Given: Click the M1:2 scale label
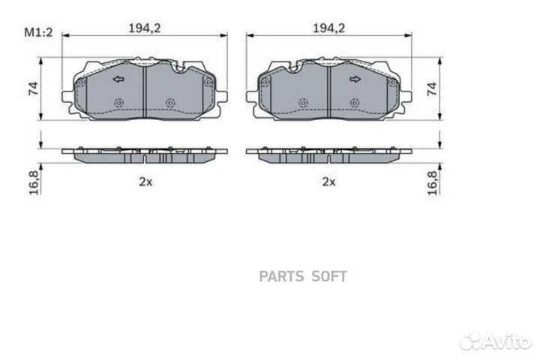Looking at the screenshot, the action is pos(38,32).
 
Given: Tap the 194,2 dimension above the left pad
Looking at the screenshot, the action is pos(145,28).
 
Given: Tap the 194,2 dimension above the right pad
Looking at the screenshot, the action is pos(328,28).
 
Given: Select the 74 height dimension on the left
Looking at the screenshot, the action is pos(34,88).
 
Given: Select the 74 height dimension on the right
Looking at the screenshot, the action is pos(432,89).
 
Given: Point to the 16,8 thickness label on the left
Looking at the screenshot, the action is pos(34,182).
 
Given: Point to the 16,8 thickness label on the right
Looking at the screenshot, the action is pos(432,183).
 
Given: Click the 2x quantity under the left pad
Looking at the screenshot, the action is pos(145,181).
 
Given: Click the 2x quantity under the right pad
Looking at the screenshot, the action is pos(328,181).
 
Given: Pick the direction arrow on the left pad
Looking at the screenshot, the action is pos(118,79).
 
